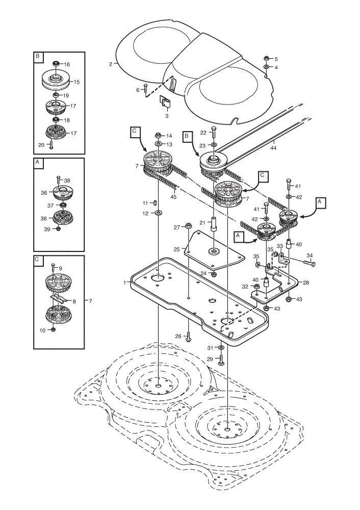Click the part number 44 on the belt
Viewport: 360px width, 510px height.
[273, 148]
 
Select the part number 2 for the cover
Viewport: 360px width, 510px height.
[111, 64]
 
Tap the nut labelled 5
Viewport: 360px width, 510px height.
[266, 59]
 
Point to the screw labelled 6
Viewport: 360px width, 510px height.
[145, 88]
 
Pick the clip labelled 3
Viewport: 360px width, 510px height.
[166, 101]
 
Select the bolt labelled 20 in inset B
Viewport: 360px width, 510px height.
[51, 145]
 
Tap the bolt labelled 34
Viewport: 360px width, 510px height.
[309, 263]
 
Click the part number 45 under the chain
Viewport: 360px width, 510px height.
[173, 196]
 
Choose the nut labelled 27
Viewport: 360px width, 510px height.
[188, 225]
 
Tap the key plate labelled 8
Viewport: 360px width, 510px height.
[60, 297]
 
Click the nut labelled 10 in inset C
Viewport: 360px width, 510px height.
[54, 329]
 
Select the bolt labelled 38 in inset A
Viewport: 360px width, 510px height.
[59, 180]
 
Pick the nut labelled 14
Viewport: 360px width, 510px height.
[158, 135]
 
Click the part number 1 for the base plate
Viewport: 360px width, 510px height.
[124, 283]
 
